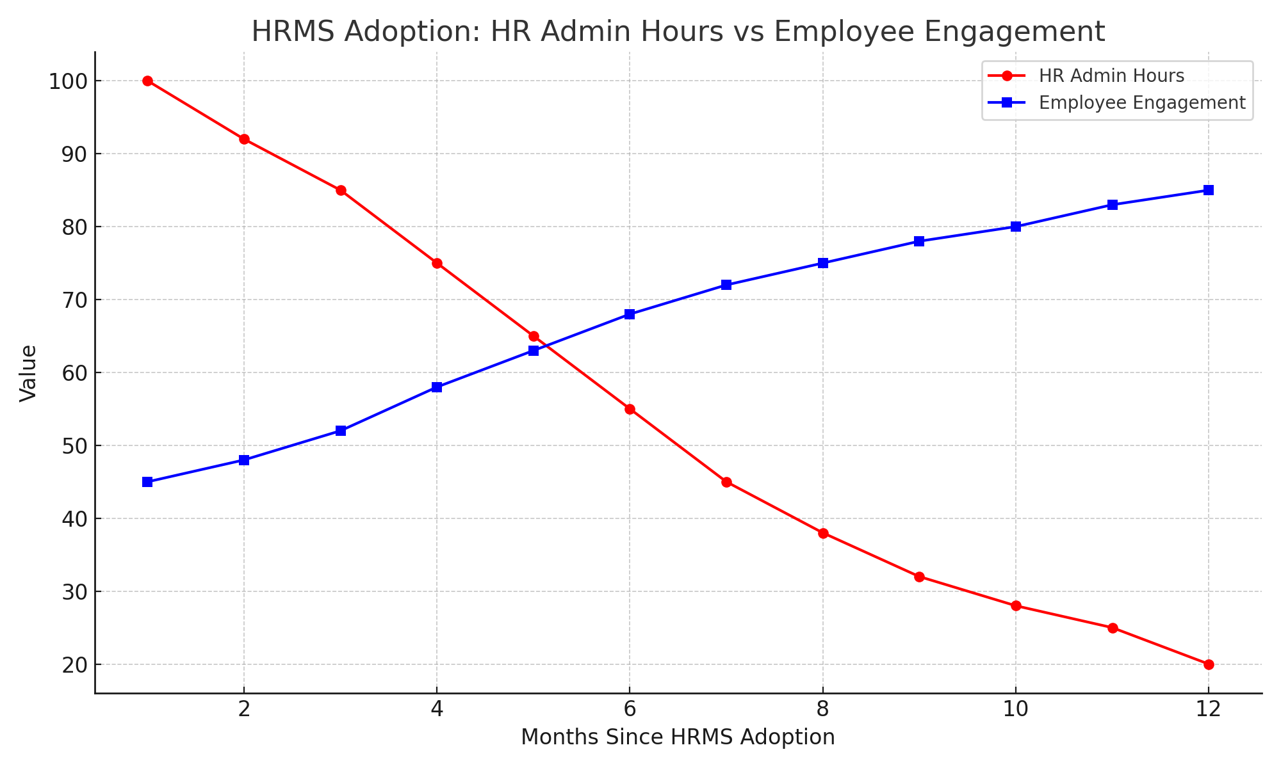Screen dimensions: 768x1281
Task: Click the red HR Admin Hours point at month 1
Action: (x=147, y=81)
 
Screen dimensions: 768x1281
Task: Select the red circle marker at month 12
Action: (x=1209, y=664)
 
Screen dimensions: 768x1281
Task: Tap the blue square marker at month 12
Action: (x=1209, y=190)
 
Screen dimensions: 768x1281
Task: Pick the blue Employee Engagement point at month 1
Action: (x=147, y=482)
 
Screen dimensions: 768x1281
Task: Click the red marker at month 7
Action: (x=726, y=482)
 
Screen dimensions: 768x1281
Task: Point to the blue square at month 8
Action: (x=823, y=263)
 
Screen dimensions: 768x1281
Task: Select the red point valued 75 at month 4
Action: (x=437, y=263)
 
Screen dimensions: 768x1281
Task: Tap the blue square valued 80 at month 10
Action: (x=1016, y=227)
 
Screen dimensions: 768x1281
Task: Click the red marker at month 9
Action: (x=919, y=577)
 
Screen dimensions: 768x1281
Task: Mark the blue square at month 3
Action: (x=341, y=431)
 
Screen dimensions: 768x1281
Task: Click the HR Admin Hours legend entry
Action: (x=1111, y=76)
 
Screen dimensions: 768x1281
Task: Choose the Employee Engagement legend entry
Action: (x=1141, y=103)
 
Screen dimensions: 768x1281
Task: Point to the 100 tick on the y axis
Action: (x=67, y=81)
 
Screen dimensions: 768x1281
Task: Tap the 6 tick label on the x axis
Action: (x=630, y=709)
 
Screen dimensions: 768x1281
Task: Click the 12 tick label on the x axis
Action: (x=1208, y=709)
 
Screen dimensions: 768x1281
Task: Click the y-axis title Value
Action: (x=28, y=373)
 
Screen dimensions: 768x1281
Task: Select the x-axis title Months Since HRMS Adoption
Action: (x=678, y=737)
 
